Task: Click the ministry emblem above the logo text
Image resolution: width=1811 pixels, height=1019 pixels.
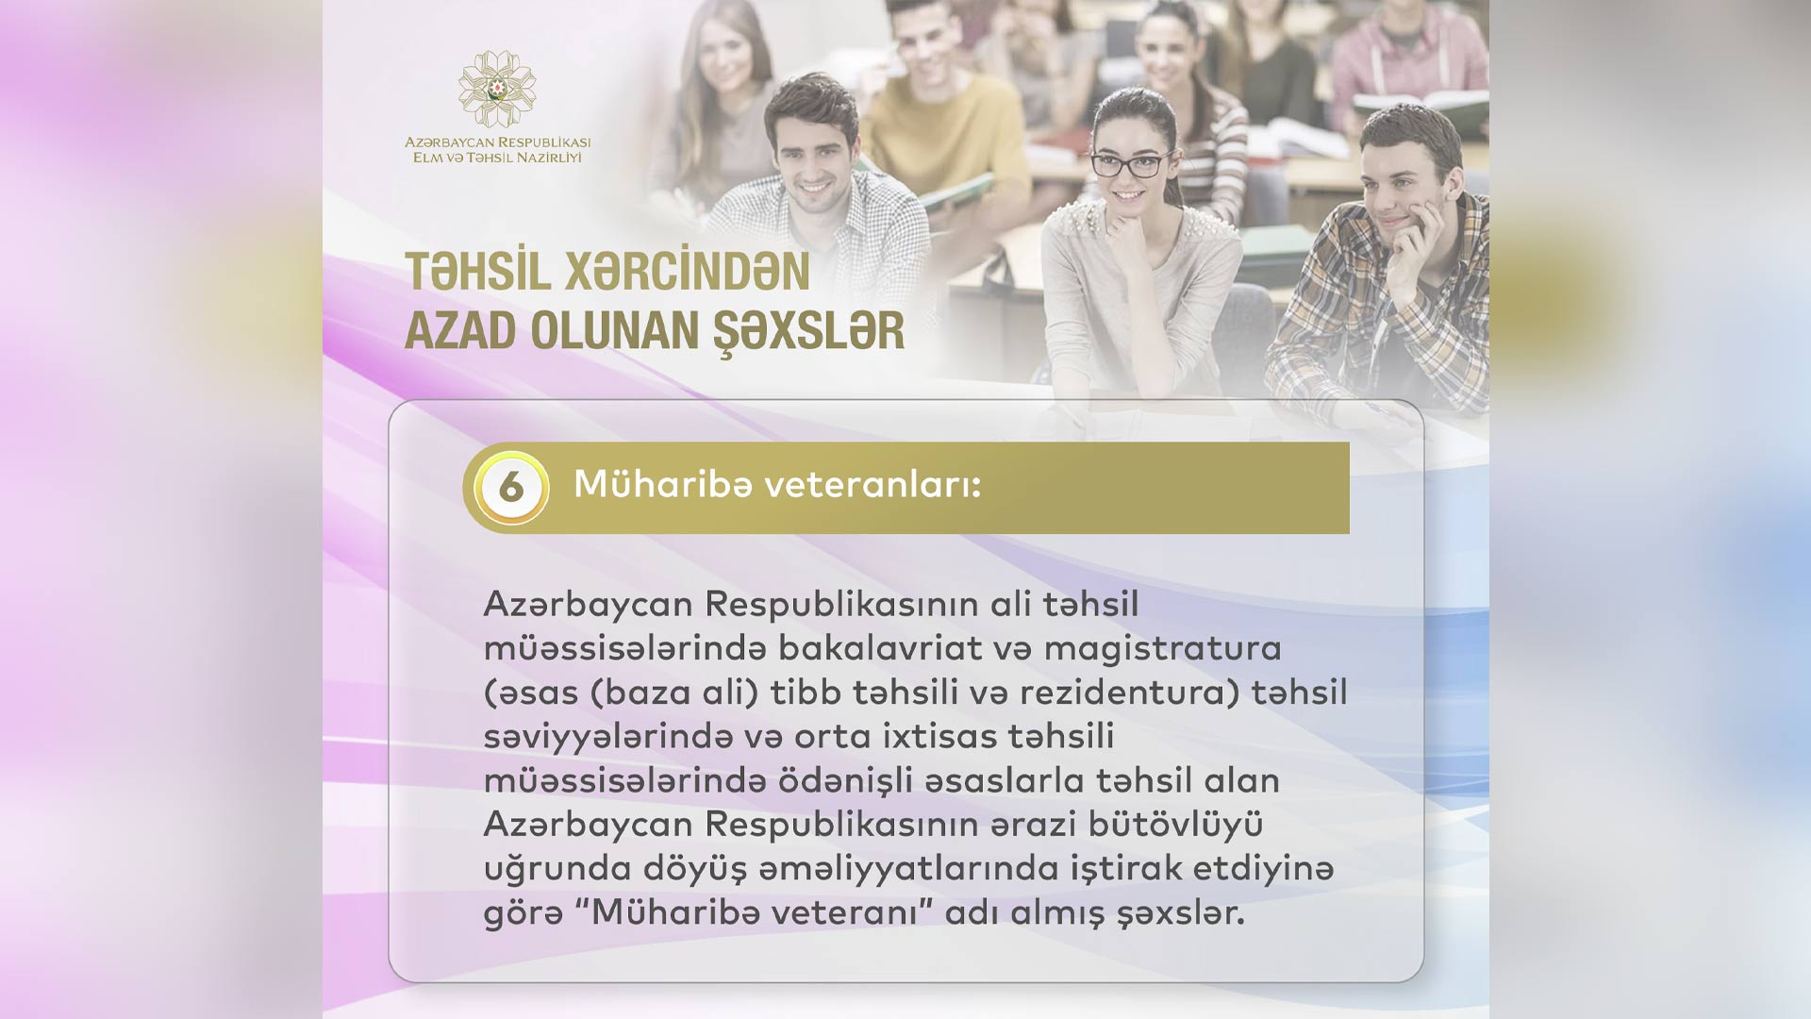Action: click(497, 89)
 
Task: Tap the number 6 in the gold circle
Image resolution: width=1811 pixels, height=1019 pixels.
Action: click(511, 488)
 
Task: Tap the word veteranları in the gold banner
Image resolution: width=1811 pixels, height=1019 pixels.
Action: click(872, 485)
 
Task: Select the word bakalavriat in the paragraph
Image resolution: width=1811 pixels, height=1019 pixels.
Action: click(881, 648)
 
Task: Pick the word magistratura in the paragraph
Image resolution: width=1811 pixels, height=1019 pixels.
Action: click(1162, 648)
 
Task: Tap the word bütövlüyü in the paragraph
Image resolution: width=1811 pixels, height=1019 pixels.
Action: click(1175, 825)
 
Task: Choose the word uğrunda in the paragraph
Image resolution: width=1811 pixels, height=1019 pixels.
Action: click(557, 869)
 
